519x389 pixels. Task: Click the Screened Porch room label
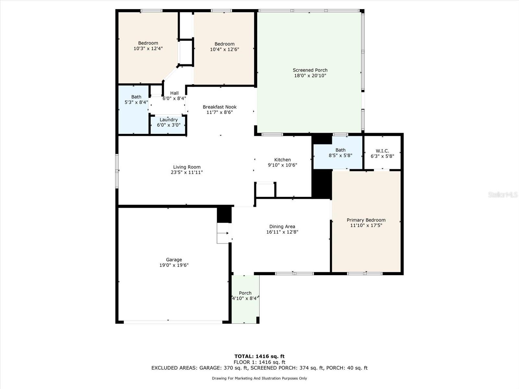tap(310, 70)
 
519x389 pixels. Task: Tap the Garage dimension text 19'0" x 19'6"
tap(174, 265)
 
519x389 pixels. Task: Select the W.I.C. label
tap(382, 151)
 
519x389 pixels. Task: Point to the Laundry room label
tap(168, 120)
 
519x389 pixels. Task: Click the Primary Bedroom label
tap(366, 220)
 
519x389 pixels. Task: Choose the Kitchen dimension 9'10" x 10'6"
tap(282, 165)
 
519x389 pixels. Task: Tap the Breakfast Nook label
tap(220, 107)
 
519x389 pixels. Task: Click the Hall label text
tap(174, 93)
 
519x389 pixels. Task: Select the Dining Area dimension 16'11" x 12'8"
tap(282, 232)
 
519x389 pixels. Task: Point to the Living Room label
tap(187, 167)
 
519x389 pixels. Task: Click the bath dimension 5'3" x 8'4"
tap(136, 102)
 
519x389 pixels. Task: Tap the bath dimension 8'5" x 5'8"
tap(341, 155)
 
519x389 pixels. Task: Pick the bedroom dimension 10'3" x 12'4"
tap(148, 48)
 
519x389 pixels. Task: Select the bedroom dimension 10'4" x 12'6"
tap(224, 49)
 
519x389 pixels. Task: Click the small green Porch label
tap(245, 293)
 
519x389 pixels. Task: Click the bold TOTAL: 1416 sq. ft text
tap(259, 356)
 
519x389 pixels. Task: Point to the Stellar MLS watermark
tap(503, 194)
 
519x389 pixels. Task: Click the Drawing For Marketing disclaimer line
tap(259, 378)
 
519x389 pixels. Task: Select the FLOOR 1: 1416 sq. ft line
tap(259, 362)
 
